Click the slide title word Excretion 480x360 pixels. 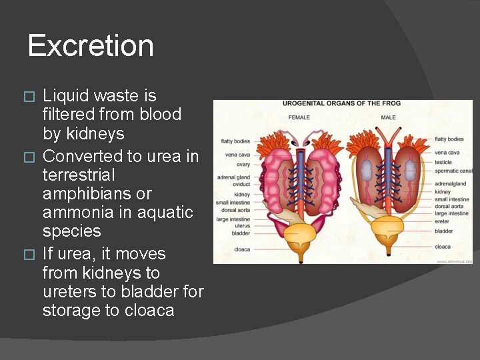tap(91, 46)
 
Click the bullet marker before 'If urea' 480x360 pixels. tap(27, 255)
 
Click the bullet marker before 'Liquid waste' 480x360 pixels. tap(27, 96)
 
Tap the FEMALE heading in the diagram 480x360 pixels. tap(299, 117)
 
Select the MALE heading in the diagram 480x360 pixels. tap(388, 117)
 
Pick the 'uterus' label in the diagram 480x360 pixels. tap(241, 226)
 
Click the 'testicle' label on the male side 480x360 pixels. tap(443, 162)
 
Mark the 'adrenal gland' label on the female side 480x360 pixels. tap(233, 177)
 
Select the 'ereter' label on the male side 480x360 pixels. tap(442, 222)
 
